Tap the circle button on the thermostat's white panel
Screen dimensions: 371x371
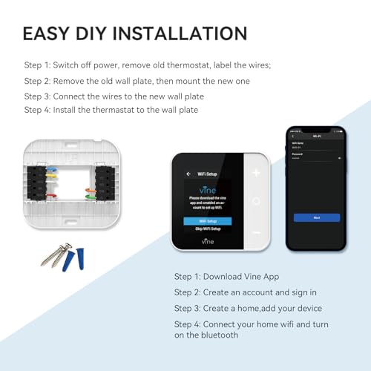tap(257, 200)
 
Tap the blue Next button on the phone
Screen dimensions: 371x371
tap(316, 217)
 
